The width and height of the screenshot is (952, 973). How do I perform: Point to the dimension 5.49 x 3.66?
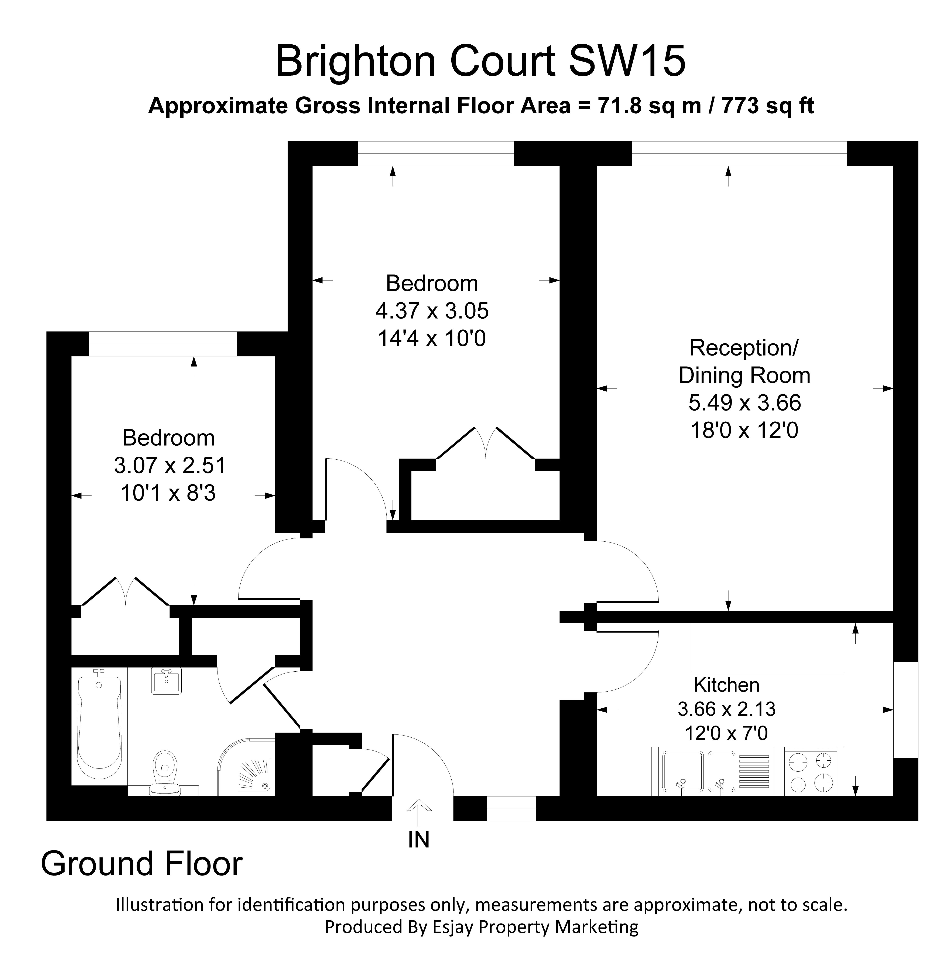744,402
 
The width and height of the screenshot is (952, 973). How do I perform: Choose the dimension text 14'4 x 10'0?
431,339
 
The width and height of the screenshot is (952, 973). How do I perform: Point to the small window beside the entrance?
511,809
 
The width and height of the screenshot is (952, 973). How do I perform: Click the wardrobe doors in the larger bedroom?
486,442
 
